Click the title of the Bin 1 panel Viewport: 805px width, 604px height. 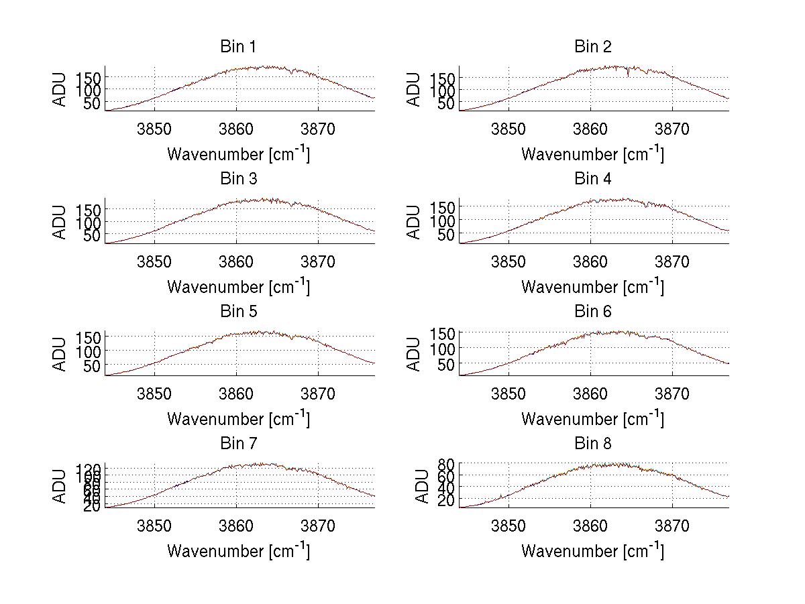[238, 47]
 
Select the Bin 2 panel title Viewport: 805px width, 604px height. [593, 47]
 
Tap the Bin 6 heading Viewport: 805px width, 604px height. [593, 312]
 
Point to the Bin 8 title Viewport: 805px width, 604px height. [593, 444]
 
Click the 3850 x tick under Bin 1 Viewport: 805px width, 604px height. [154, 129]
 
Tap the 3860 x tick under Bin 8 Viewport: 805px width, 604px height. [590, 526]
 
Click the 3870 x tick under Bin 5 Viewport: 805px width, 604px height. [318, 394]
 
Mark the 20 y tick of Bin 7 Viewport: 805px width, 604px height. [93, 506]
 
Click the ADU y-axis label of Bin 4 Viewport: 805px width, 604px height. [414, 222]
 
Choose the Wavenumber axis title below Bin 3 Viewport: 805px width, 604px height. [238, 286]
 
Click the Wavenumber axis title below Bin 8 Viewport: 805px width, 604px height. [593, 550]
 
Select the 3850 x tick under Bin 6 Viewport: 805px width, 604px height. [508, 394]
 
